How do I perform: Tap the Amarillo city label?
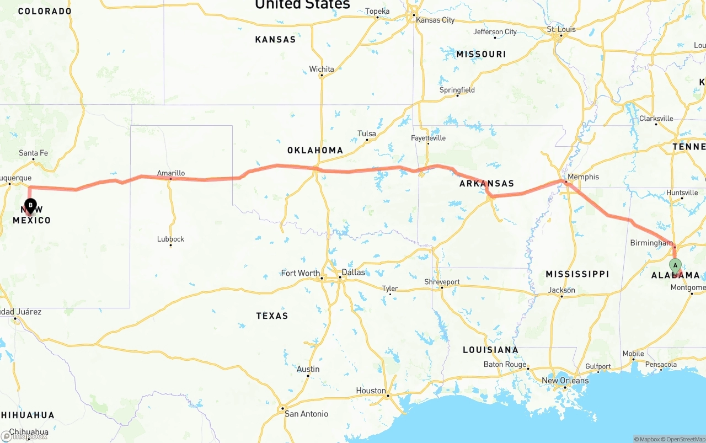171,173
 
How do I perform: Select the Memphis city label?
583,177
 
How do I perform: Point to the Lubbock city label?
170,239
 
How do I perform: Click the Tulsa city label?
367,134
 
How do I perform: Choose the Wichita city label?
322,69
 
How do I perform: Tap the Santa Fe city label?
33,153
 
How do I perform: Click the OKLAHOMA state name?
315,150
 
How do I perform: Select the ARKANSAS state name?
486,184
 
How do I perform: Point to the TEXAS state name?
272,316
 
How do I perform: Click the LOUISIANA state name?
490,350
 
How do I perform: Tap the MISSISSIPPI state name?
577,274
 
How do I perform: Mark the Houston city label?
371,391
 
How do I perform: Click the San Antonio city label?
306,414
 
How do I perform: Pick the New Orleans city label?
565,381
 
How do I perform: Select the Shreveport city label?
442,282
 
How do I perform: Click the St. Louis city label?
561,29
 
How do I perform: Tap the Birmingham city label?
651,243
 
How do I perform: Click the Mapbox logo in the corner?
24,436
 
